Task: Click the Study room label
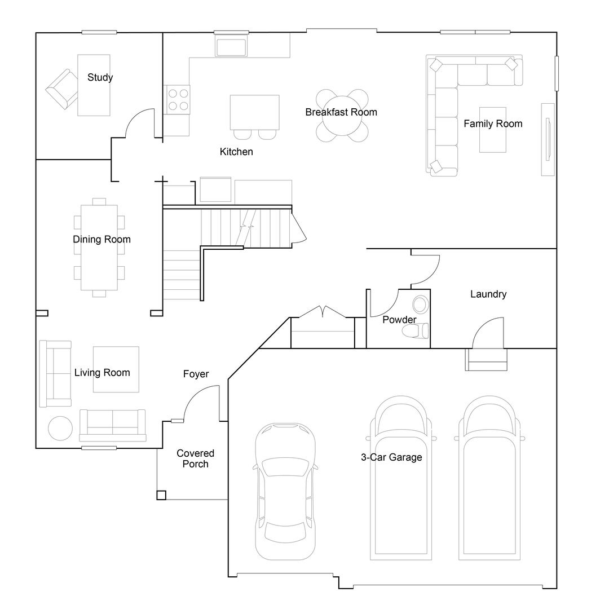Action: pos(100,78)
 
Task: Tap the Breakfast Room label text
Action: pos(341,112)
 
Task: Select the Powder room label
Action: pos(399,320)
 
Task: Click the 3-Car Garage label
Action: pos(391,457)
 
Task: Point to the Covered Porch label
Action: pos(195,458)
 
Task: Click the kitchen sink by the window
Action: pos(231,47)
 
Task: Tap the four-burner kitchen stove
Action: pos(177,99)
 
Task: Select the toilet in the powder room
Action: pos(416,330)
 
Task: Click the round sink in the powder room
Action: pos(421,305)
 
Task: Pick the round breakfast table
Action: pos(342,116)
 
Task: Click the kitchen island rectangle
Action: pos(254,112)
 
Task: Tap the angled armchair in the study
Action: pos(62,89)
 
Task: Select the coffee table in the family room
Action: pos(492,130)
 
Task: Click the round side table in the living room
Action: pos(60,429)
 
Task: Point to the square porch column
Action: pos(161,495)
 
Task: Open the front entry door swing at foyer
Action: pos(200,401)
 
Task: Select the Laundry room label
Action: pos(488,294)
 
